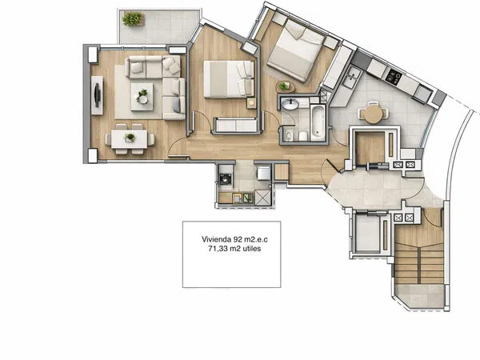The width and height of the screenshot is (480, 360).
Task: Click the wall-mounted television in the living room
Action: tap(98, 95)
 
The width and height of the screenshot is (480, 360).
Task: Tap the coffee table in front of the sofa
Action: tap(142, 97)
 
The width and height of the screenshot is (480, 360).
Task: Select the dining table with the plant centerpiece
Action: tap(129, 139)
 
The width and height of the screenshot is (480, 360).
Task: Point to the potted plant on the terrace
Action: tap(133, 19)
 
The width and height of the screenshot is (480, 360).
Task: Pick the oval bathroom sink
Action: tap(290, 105)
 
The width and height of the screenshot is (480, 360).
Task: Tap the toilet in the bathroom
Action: tap(303, 136)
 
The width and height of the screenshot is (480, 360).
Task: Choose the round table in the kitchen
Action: tap(373, 114)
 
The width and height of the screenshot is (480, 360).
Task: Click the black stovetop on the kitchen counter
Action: tap(393, 77)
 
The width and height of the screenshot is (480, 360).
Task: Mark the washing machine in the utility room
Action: tap(226, 179)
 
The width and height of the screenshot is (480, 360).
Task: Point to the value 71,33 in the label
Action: tap(218, 249)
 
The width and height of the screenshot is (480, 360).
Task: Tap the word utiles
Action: tap(252, 249)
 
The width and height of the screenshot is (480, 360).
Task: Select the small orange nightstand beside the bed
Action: tap(252, 103)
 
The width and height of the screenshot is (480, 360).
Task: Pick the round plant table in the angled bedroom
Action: tap(285, 86)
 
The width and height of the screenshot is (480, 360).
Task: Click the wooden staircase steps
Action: tap(419, 262)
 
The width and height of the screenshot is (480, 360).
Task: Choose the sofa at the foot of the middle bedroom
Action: tap(235, 126)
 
